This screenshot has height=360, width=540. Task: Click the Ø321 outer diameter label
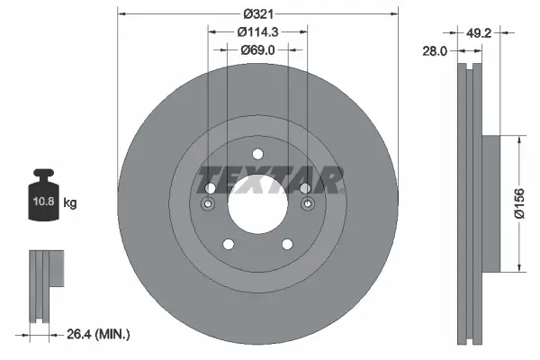[x=257, y=14]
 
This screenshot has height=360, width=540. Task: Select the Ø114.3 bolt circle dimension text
[x=257, y=31]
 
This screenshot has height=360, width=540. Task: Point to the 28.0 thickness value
[x=436, y=52]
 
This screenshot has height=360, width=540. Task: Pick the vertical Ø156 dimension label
[x=519, y=206]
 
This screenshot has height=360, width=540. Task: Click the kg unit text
[x=69, y=203]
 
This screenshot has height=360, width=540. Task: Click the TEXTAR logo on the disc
[x=270, y=180]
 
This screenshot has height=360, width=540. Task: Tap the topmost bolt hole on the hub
[x=257, y=154]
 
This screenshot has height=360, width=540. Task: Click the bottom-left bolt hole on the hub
[x=228, y=243]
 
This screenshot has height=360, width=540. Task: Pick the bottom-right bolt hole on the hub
[x=287, y=243]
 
